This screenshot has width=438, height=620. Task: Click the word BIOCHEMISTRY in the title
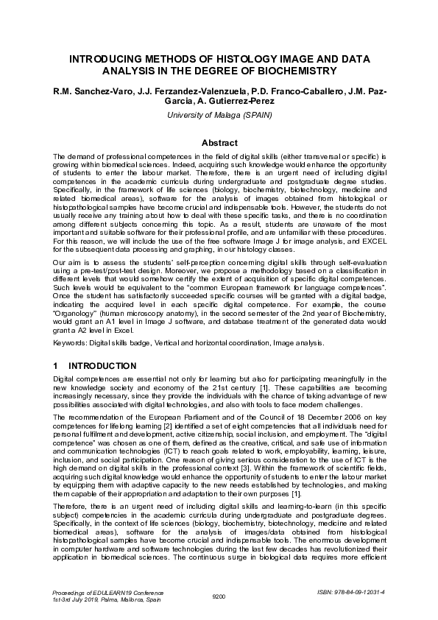tap(300, 71)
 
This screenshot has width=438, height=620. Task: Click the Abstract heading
tap(219, 143)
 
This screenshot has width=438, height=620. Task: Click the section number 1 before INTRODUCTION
tap(56, 366)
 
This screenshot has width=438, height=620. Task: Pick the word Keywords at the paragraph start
tap(68, 343)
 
